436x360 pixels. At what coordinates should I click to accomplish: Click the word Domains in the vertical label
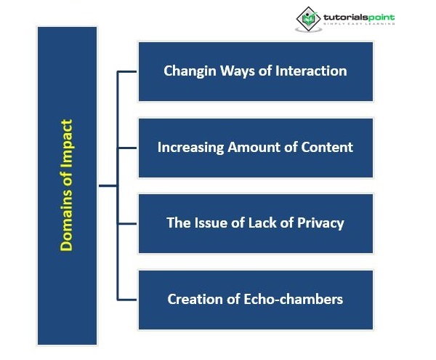[x=66, y=223]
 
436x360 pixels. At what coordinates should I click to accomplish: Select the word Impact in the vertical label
[x=66, y=146]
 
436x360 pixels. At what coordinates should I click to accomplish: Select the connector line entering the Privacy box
[x=127, y=223]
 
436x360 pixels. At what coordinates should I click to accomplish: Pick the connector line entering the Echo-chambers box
[x=127, y=299]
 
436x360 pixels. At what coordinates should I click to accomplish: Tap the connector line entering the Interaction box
[x=127, y=71]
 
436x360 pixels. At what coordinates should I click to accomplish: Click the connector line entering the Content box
[x=127, y=147]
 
